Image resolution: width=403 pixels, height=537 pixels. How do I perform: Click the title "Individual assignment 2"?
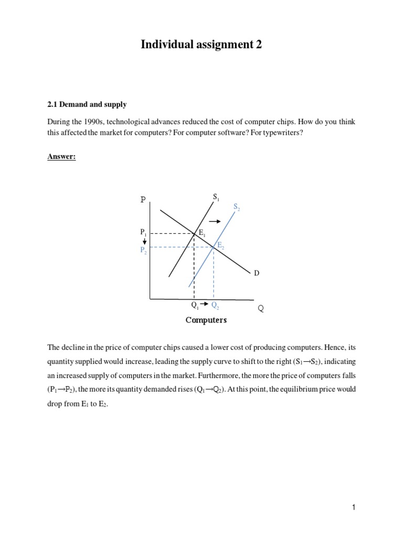pyautogui.click(x=201, y=45)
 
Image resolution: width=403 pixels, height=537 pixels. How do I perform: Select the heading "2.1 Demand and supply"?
pyautogui.click(x=87, y=104)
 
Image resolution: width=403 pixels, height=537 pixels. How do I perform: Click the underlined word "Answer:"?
pyautogui.click(x=61, y=156)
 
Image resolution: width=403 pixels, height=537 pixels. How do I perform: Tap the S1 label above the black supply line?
pyautogui.click(x=216, y=197)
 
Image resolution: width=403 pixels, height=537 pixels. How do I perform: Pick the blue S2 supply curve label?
pyautogui.click(x=237, y=207)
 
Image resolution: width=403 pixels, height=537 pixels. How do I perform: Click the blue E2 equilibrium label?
pyautogui.click(x=221, y=245)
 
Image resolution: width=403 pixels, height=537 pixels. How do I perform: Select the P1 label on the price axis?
pyautogui.click(x=144, y=231)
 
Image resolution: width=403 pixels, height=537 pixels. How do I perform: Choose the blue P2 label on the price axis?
pyautogui.click(x=144, y=251)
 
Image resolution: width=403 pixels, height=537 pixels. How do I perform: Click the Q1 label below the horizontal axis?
pyautogui.click(x=195, y=305)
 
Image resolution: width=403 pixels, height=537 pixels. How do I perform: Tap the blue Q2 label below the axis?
pyautogui.click(x=215, y=305)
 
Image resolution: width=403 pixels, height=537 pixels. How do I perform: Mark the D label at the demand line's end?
pyautogui.click(x=257, y=273)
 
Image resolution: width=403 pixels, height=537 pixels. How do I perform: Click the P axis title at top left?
pyautogui.click(x=143, y=200)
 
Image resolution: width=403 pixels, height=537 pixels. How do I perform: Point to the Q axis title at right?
pyautogui.click(x=260, y=309)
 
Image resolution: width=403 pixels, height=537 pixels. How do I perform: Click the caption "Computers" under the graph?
pyautogui.click(x=206, y=320)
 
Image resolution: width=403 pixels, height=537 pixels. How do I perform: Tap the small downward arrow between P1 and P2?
pyautogui.click(x=144, y=241)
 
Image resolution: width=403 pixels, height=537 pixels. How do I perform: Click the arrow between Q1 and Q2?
pyautogui.click(x=205, y=304)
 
